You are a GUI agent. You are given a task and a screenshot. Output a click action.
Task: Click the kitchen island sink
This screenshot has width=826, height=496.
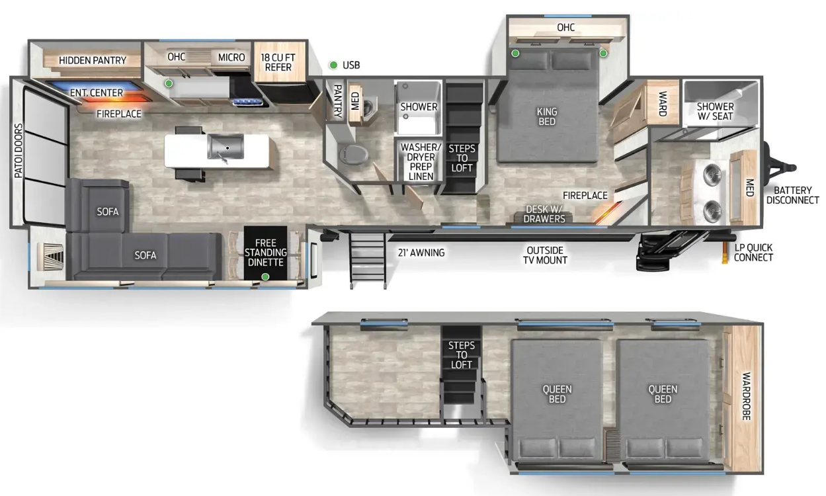pyautogui.click(x=226, y=147)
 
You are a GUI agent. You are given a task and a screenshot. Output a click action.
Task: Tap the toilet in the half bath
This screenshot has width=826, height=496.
pyautogui.click(x=353, y=154)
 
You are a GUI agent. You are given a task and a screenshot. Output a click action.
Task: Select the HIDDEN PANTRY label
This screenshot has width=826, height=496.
pyautogui.click(x=93, y=60)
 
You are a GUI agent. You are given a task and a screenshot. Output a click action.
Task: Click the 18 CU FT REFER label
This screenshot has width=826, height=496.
pyautogui.click(x=278, y=62)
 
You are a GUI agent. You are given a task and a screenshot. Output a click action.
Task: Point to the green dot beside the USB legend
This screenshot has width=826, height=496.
pyautogui.click(x=333, y=65)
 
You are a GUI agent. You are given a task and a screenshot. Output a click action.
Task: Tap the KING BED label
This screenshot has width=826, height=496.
pyautogui.click(x=547, y=116)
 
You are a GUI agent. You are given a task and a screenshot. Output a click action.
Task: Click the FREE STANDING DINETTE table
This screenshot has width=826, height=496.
pyautogui.click(x=265, y=253)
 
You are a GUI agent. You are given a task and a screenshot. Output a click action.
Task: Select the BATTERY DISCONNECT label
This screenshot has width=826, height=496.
pyautogui.click(x=792, y=195)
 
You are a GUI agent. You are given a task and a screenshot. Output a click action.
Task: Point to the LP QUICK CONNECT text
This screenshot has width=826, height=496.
pyautogui.click(x=753, y=252)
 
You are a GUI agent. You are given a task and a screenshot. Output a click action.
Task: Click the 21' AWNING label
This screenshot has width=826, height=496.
pyautogui.click(x=421, y=253)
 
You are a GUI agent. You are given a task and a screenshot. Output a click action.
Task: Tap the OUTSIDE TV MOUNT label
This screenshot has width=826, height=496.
pyautogui.click(x=545, y=255)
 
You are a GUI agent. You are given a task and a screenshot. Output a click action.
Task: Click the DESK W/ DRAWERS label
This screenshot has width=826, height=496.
pyautogui.click(x=544, y=214)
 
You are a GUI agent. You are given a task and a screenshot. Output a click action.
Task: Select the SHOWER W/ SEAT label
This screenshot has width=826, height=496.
pyautogui.click(x=716, y=111)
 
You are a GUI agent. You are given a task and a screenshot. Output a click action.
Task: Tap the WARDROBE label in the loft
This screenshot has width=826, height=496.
pyautogui.click(x=746, y=396)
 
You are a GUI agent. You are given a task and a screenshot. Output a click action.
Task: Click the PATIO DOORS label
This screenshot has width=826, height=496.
pyautogui.click(x=19, y=151)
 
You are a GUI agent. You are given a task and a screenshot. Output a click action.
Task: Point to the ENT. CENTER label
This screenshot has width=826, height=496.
pyautogui.click(x=97, y=93)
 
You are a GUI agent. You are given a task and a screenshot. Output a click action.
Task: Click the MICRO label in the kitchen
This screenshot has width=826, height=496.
pyautogui.click(x=231, y=58)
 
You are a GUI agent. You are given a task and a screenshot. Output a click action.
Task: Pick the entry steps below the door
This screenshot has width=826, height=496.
pyautogui.click(x=368, y=260)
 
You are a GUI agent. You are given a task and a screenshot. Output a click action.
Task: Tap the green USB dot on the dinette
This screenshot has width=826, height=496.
pyautogui.click(x=265, y=276)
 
